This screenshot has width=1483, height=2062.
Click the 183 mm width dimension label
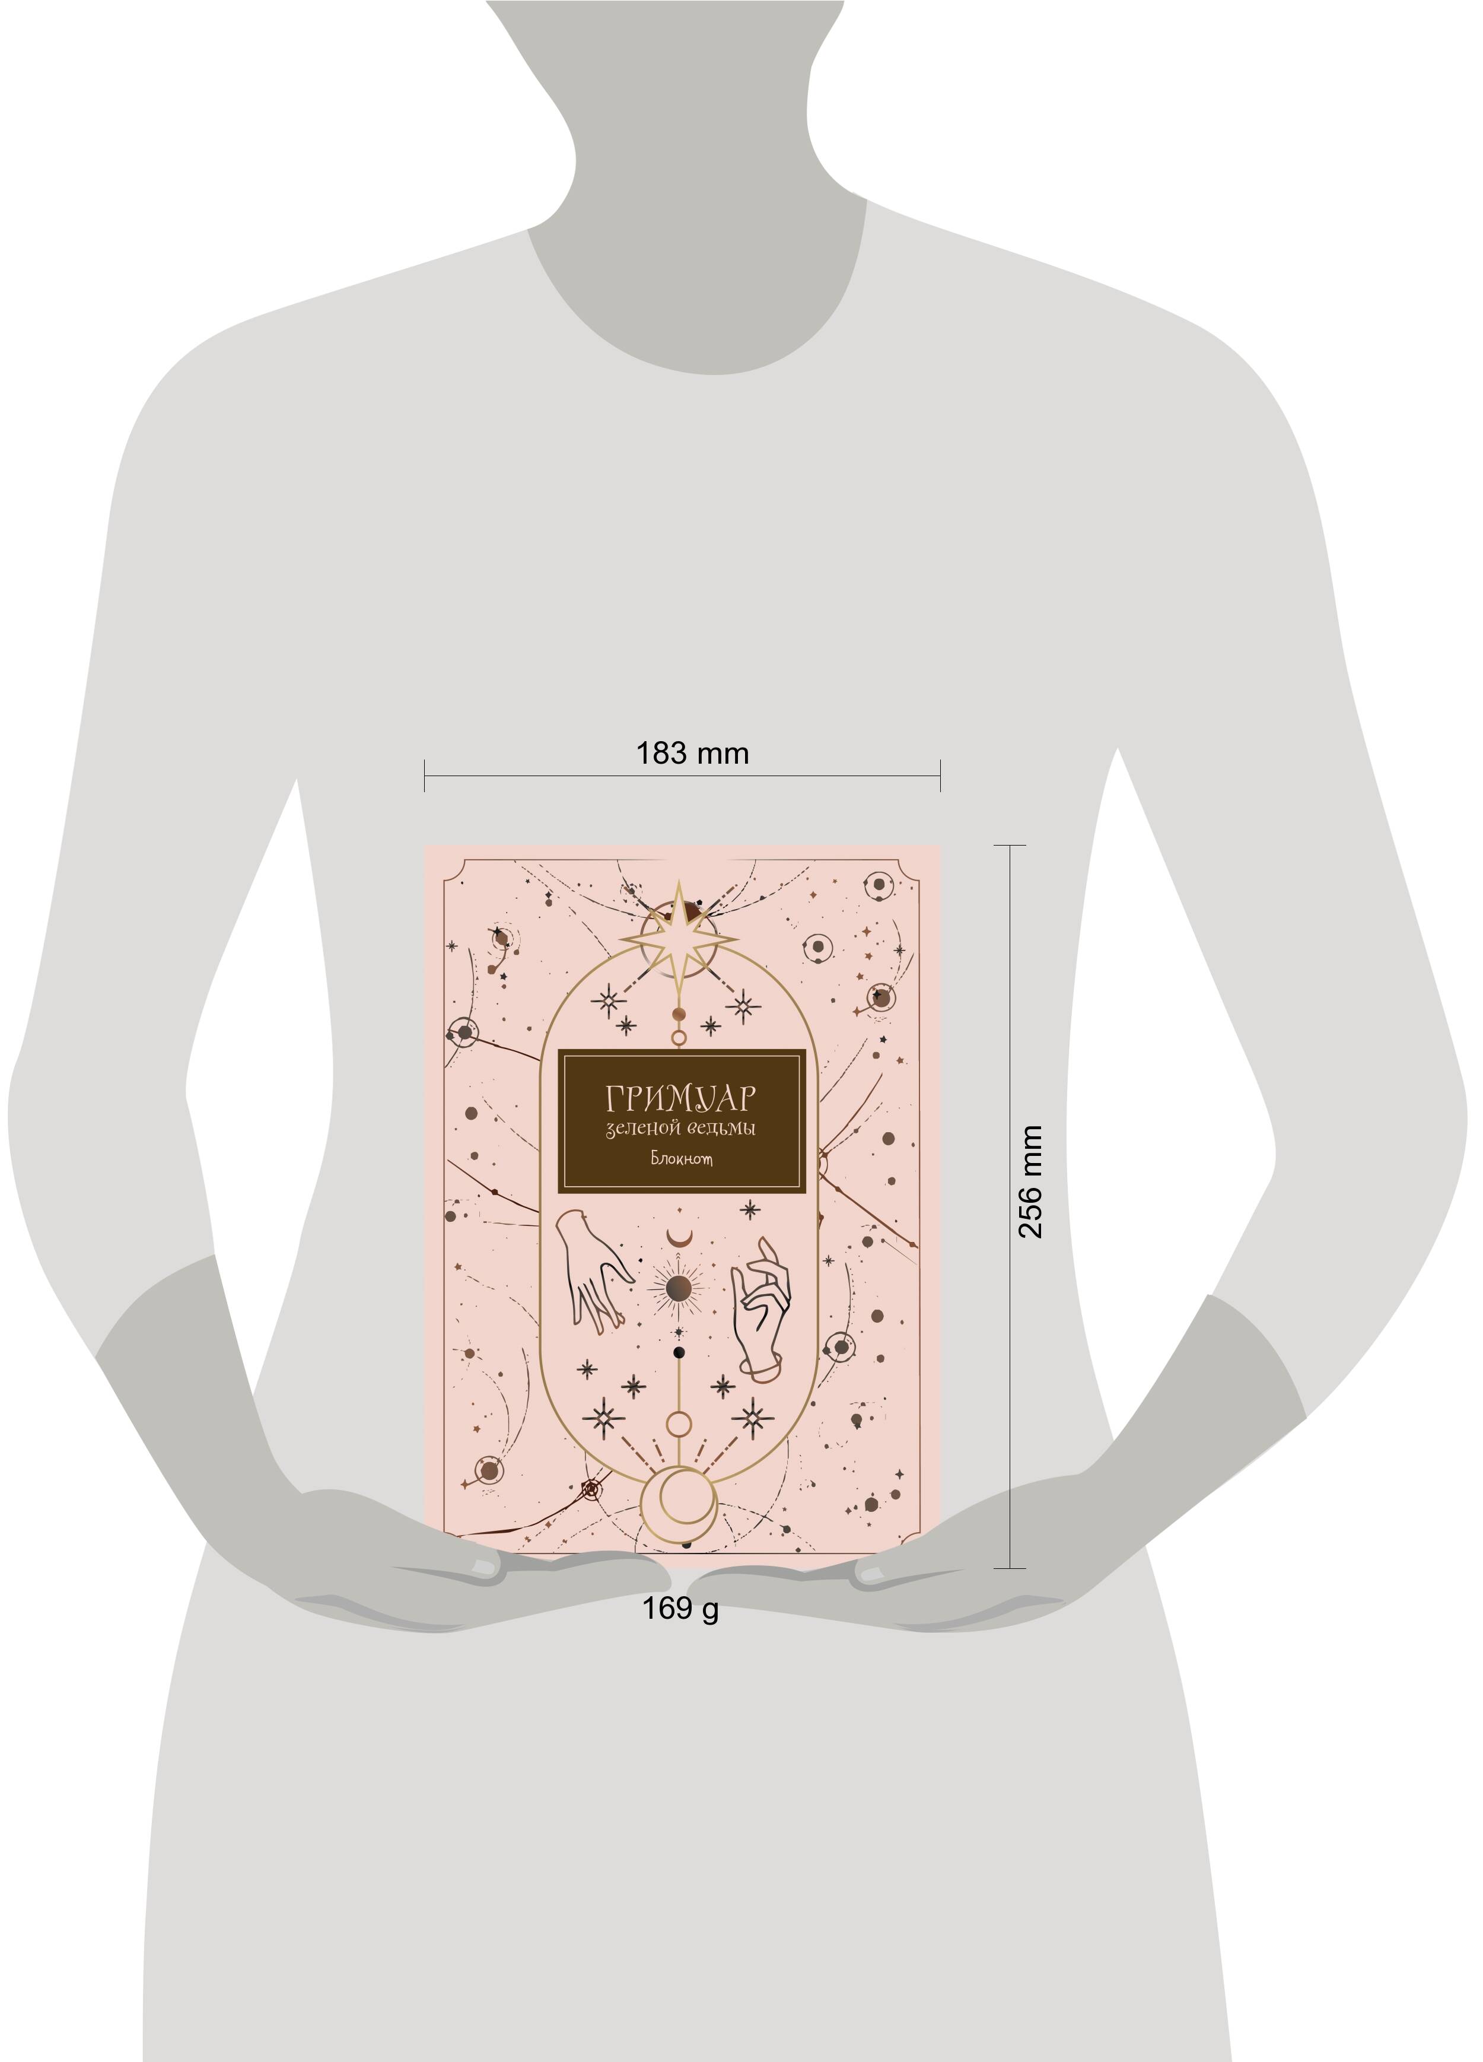(692, 754)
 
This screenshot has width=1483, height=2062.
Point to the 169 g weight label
(680, 1607)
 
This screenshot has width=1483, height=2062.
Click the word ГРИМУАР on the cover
(680, 1098)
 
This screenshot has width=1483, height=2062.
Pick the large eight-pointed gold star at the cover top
(679, 938)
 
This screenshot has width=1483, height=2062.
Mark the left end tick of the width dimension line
(424, 776)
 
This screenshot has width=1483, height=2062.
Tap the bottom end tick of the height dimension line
(1010, 1568)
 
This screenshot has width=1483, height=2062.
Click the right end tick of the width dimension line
(940, 776)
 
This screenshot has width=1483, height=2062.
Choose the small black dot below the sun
(678, 1353)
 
